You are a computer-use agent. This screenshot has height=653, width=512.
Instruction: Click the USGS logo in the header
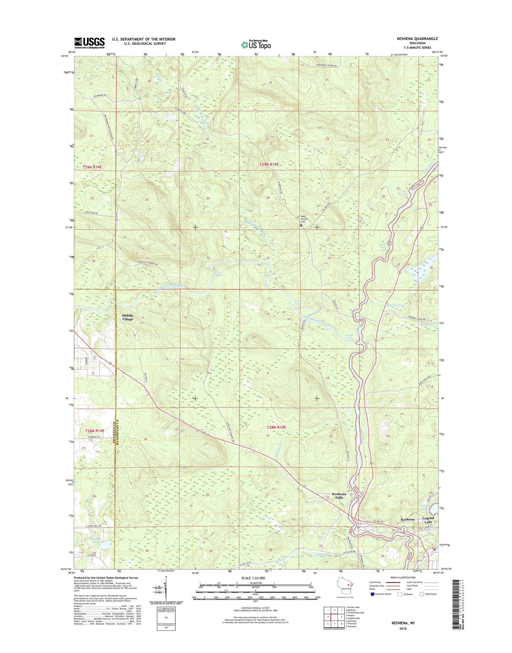click(89, 43)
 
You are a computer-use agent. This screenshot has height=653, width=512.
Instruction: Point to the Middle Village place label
click(128, 317)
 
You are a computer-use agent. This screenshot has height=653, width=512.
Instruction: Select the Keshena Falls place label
click(339, 496)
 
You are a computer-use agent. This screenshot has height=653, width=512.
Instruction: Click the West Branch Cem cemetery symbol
click(301, 225)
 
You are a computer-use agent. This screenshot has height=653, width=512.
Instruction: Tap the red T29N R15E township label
click(269, 165)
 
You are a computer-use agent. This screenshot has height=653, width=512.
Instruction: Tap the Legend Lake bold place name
click(428, 520)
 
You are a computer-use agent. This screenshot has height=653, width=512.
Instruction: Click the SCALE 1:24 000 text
click(250, 578)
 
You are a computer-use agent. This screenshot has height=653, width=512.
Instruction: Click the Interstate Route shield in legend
click(373, 594)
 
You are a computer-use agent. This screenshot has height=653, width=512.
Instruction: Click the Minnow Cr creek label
click(395, 305)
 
